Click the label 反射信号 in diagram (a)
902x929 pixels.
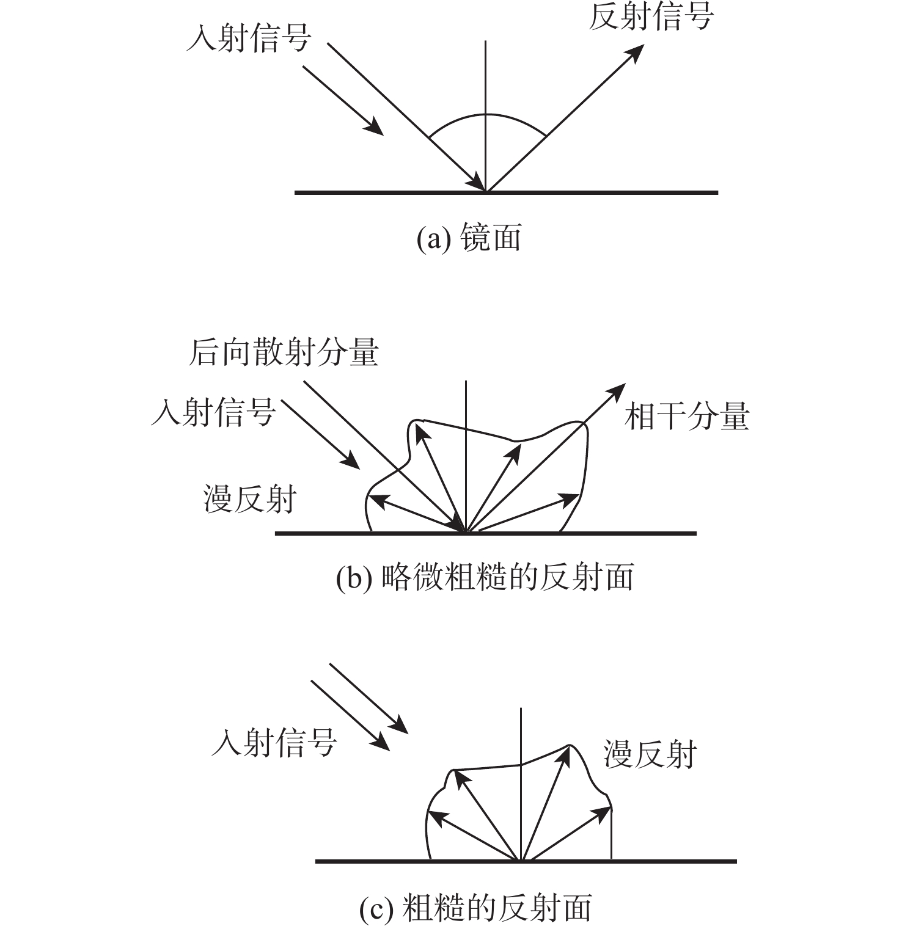click(x=651, y=16)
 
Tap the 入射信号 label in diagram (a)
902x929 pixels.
click(x=249, y=38)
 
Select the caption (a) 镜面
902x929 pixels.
click(x=469, y=237)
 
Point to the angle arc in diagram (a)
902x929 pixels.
click(x=486, y=114)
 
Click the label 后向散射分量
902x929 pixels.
click(x=284, y=352)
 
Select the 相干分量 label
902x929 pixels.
click(x=687, y=417)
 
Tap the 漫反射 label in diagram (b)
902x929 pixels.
click(x=250, y=499)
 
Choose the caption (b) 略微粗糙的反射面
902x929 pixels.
click(x=485, y=577)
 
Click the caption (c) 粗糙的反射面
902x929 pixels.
click(x=475, y=908)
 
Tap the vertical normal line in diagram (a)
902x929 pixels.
click(x=485, y=116)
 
